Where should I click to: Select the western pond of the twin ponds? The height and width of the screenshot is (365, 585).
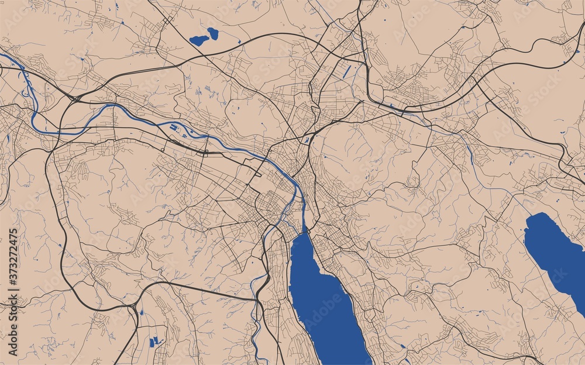coord(198,40)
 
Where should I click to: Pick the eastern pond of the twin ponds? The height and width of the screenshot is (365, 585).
coord(212,33)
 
